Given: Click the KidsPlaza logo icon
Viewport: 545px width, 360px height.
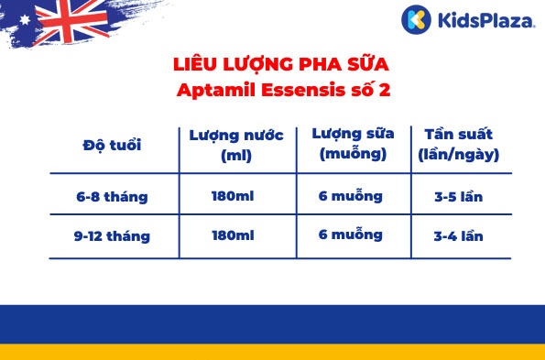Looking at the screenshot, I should point(415,18).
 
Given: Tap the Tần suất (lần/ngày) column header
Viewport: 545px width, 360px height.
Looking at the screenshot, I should point(456,144).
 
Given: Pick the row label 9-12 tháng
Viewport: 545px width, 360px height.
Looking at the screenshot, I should point(113,235).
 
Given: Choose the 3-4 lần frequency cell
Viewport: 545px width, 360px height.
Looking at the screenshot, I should point(458,235).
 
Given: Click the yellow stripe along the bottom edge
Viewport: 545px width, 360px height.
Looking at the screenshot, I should point(272,352).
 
